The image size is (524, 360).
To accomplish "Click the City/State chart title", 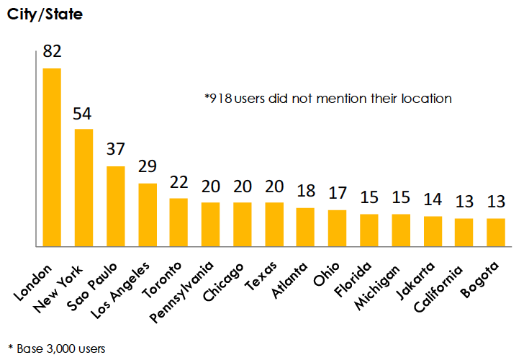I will pos(45,14).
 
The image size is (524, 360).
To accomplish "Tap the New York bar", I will pos(84,187).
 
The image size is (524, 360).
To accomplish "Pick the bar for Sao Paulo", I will pos(115,206).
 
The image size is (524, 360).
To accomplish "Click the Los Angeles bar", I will pos(148,215).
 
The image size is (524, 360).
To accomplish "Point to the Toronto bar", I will pos(179,222).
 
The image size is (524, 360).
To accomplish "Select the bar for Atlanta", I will pos(305,227).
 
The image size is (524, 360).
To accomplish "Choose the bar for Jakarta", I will pos(433,231).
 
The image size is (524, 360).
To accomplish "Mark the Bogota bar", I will pos(496,232).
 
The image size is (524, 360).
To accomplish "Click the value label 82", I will pos(52,52).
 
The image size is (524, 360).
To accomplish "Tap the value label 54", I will pos(83,114).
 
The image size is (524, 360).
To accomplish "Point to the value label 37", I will pos(115,150).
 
